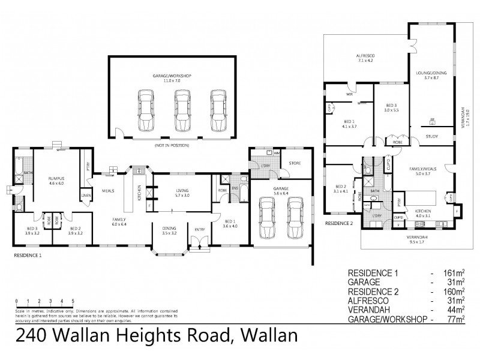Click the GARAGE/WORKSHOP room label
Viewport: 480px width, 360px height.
[x=172, y=77]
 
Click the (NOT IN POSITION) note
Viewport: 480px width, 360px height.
[x=172, y=145]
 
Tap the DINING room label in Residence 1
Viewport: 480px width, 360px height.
[x=169, y=228]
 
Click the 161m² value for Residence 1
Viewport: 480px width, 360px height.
[x=448, y=273]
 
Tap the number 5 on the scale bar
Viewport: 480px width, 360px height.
[x=73, y=301]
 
